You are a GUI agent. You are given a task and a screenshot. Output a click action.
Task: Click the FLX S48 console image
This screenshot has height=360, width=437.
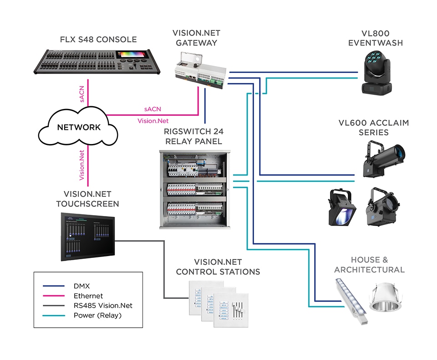(97, 62)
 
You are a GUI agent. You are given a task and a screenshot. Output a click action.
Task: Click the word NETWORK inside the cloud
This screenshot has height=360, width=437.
(79, 127)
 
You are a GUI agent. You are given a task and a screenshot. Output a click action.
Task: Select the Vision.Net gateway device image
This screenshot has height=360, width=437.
(200, 70)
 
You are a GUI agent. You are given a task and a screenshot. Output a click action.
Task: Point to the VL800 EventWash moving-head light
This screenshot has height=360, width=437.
(376, 72)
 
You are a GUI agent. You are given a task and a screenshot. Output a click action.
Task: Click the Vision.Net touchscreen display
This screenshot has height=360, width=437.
(88, 237)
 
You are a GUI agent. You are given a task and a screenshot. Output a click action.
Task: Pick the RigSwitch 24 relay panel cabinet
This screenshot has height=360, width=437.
(195, 190)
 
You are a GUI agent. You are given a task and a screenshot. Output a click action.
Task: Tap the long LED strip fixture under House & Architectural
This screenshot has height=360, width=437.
(351, 301)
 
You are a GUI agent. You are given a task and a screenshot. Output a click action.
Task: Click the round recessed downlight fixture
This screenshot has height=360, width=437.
(386, 298)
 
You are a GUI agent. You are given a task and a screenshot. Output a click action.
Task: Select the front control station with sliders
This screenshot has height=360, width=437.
(231, 310)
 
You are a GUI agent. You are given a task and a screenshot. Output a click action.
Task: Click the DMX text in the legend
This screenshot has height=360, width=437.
(81, 286)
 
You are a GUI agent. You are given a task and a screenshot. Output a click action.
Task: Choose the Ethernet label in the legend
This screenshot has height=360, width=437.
(88, 296)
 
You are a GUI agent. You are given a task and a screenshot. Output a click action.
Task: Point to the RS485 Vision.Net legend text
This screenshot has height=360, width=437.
(103, 306)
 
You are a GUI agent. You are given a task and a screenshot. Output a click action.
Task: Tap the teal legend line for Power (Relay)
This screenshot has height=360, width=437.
(54, 316)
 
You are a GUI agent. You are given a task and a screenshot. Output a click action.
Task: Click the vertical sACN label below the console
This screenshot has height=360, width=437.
(81, 94)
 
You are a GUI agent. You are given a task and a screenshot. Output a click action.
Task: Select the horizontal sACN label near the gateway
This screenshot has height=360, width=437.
(153, 109)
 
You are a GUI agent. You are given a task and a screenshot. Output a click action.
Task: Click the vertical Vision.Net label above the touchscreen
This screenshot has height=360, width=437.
(81, 165)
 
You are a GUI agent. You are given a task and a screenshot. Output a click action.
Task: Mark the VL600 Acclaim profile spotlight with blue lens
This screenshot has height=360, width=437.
(383, 159)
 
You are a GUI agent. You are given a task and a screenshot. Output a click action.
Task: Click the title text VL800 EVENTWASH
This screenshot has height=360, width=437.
(376, 38)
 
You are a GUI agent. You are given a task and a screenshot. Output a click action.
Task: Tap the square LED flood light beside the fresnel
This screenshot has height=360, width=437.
(342, 207)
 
